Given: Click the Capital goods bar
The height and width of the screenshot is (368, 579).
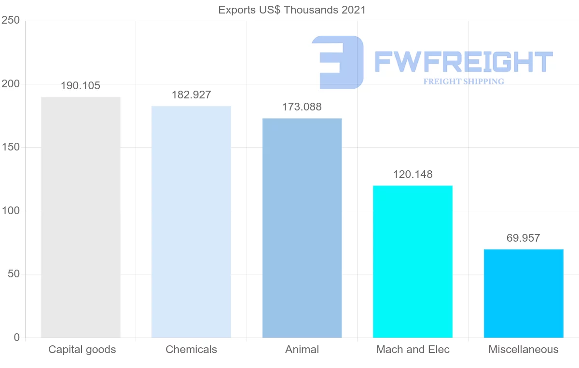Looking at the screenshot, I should tap(81, 217).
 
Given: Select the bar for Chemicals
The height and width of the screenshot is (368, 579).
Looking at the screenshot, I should tap(191, 222).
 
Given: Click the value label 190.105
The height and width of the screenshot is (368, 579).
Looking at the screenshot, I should tap(81, 86).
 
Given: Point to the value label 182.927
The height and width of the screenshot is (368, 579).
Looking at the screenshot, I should tap(191, 95).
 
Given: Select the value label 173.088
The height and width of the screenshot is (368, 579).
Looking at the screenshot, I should tap(302, 107).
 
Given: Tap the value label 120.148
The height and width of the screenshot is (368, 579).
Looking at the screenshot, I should tap(413, 174).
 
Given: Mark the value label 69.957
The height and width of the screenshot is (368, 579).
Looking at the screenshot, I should tap(523, 238).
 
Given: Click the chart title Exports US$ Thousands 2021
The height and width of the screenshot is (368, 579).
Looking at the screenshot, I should tap(292, 10).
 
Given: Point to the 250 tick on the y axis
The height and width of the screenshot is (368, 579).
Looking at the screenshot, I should tap(10, 21).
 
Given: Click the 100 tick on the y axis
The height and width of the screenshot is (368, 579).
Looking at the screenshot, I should tap(10, 211).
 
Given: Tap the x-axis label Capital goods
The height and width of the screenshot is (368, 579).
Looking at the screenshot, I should tap(82, 350).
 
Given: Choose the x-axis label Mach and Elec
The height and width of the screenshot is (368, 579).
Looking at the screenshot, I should tap(413, 350).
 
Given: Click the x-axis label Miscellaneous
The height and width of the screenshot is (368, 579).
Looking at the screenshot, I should tap(523, 350).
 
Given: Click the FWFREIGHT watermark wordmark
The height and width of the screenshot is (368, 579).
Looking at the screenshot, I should tap(463, 62).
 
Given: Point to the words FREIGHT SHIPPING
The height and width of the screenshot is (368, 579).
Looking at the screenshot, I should tap(464, 82).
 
